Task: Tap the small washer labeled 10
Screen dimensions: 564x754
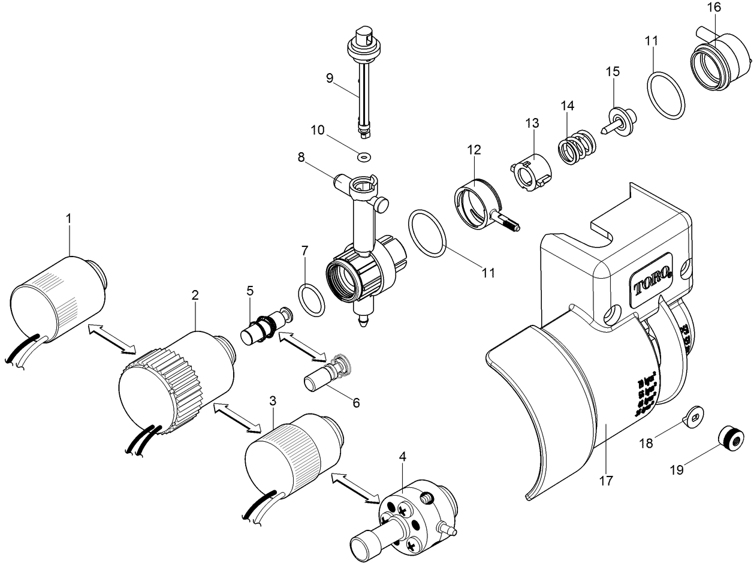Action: tap(363, 156)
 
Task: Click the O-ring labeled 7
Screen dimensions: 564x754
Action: tap(311, 300)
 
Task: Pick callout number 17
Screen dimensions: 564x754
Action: tap(606, 481)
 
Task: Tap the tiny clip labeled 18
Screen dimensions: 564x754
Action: tap(694, 415)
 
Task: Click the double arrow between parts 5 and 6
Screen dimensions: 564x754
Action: tap(301, 348)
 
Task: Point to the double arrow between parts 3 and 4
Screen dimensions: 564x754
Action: tap(355, 486)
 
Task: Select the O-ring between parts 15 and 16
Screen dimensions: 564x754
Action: tap(666, 95)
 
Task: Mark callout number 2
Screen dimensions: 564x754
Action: tap(195, 295)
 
